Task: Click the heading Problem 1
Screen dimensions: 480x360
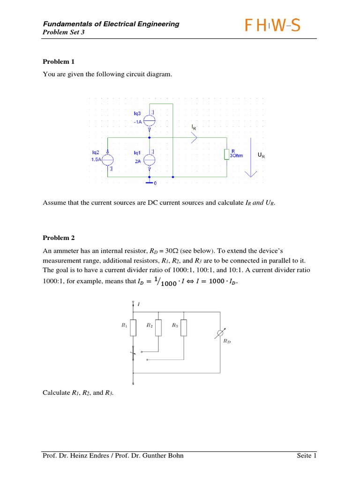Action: (59, 61)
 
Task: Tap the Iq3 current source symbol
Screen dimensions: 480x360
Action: (149, 120)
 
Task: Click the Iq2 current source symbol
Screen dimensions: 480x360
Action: (107, 159)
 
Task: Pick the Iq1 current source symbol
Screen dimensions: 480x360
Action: (149, 159)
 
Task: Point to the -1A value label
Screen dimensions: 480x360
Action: (137, 122)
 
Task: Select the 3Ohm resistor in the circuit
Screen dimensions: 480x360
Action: (227, 154)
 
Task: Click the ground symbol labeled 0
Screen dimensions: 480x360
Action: (149, 182)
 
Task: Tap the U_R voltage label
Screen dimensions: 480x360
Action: (261, 155)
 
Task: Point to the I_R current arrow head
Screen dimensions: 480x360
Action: (195, 137)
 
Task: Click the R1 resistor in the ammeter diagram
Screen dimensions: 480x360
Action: (134, 328)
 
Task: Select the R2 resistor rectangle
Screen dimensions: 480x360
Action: (158, 328)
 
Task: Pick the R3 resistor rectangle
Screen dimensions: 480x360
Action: (183, 328)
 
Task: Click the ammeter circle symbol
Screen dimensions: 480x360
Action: (219, 334)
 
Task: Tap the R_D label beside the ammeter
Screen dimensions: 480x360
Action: (226, 342)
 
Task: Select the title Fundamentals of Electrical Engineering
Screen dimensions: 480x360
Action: (111, 24)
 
